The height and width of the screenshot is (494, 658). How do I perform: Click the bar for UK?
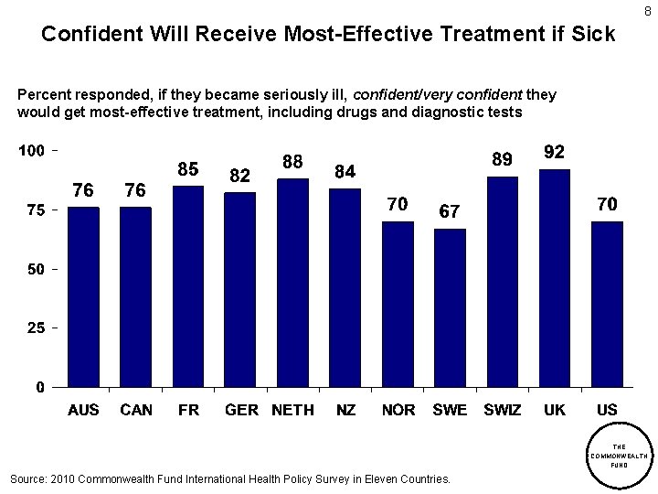(555, 278)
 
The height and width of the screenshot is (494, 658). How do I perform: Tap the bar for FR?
(188, 286)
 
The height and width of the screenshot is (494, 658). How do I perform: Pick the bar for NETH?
(293, 283)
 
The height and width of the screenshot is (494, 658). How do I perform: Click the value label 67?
(449, 210)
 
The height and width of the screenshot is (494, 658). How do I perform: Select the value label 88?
(292, 161)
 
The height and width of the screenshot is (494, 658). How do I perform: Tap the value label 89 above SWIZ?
(502, 159)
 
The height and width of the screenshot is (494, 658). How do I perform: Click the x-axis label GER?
(241, 410)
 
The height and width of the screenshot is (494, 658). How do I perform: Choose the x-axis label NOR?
(398, 410)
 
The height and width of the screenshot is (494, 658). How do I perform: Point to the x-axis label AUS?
(83, 410)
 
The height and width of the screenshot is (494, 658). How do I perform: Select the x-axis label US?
(607, 410)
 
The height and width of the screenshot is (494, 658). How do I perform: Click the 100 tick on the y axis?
(33, 150)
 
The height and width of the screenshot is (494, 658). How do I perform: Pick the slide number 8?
(647, 11)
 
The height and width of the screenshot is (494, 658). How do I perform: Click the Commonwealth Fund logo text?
(619, 455)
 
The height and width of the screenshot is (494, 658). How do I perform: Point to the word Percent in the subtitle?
(45, 95)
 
